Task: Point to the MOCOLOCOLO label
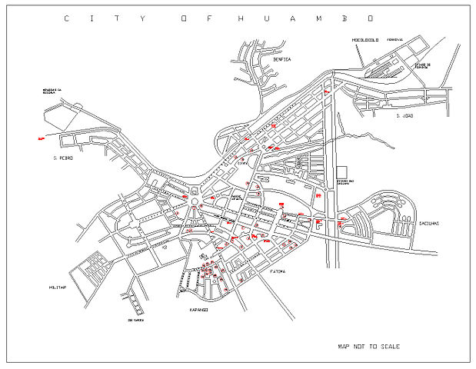[x=367, y=39]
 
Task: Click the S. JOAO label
[x=404, y=116]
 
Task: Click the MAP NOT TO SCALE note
[x=369, y=347]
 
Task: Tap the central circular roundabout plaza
[x=195, y=202]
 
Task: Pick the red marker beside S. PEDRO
[x=40, y=138]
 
